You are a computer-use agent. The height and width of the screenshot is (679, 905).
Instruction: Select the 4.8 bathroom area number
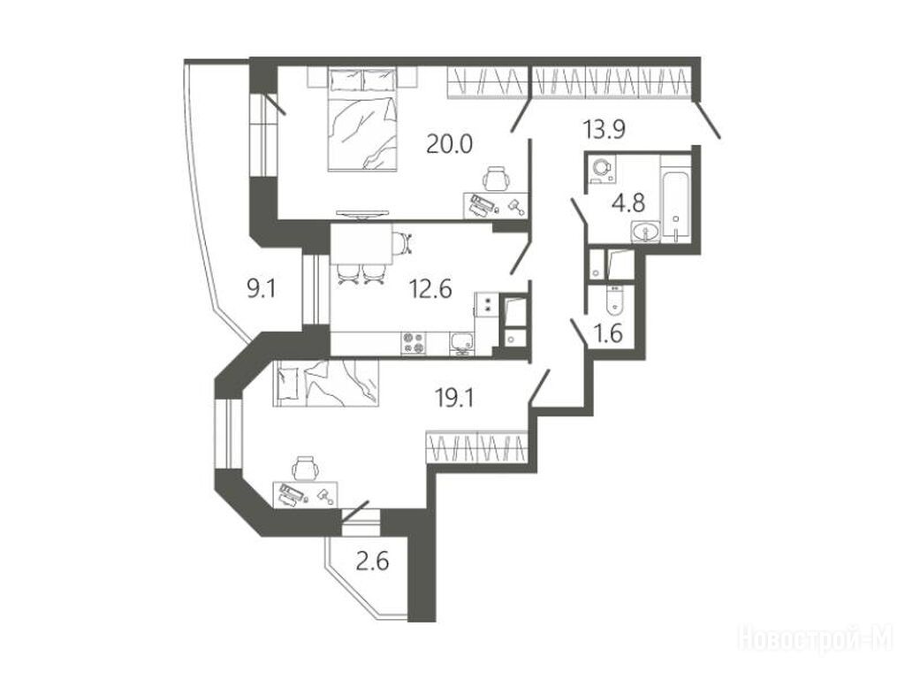(628, 202)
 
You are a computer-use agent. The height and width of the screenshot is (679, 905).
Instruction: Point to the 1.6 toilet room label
(608, 333)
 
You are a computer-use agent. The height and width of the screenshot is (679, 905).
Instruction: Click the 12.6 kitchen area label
(430, 288)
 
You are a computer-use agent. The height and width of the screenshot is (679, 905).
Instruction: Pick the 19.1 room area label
(454, 397)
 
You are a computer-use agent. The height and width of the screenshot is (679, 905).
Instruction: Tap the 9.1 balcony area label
(262, 288)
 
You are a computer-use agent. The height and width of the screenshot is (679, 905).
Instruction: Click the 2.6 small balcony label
(372, 561)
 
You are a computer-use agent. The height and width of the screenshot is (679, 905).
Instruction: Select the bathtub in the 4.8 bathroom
(675, 199)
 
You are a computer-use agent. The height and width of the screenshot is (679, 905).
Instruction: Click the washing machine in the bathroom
(602, 168)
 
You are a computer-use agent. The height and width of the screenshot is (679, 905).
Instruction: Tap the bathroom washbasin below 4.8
(646, 233)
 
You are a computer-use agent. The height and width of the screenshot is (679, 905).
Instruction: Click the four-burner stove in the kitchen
(414, 343)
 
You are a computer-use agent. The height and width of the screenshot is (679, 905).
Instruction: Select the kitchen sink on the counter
(461, 343)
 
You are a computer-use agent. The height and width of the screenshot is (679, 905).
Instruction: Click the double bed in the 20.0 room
(362, 119)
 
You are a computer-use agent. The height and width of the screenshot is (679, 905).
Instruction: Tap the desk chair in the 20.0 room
(496, 178)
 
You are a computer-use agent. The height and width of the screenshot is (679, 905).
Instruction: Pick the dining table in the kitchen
(361, 244)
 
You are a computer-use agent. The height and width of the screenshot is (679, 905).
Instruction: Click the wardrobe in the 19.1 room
(477, 446)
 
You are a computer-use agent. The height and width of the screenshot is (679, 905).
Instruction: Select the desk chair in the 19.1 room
(305, 468)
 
